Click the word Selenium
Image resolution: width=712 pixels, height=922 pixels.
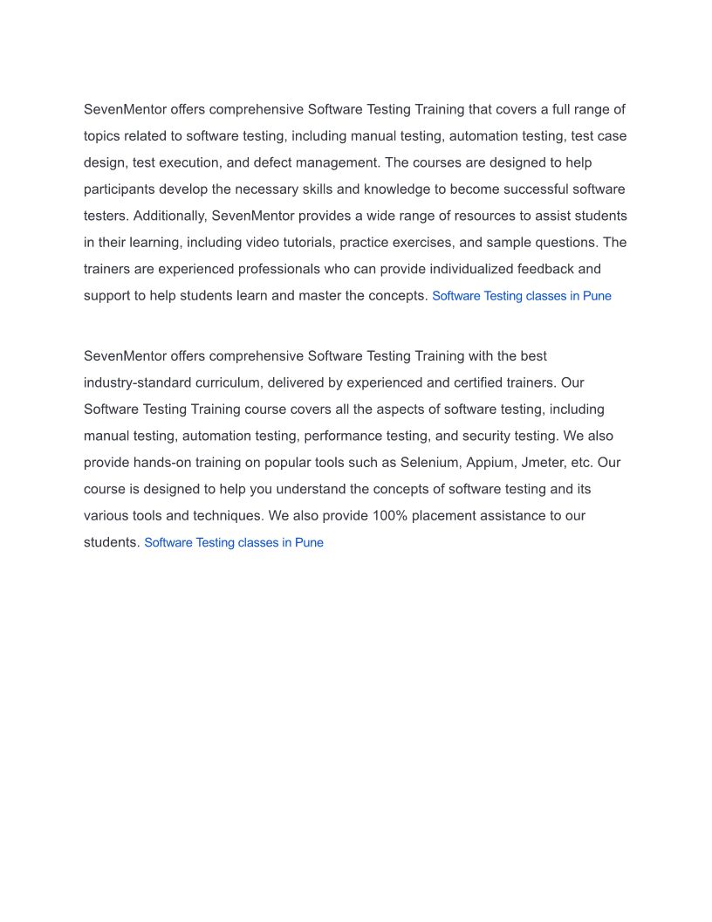click(428, 463)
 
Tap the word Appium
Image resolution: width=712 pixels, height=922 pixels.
click(491, 463)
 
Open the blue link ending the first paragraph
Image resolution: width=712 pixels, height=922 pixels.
click(521, 296)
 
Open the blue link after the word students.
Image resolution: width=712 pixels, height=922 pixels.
click(233, 543)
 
